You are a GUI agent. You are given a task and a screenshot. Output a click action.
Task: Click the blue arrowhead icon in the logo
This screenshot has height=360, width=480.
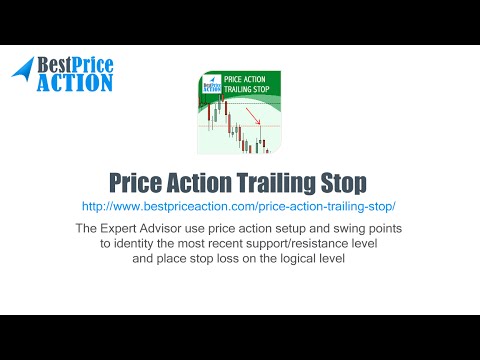pos(22,69)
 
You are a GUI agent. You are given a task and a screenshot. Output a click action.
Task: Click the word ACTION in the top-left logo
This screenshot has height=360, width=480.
pos(74,82)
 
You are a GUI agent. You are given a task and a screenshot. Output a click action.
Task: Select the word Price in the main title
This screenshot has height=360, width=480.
pos(140,183)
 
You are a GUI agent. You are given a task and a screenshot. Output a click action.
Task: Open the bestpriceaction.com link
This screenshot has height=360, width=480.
pos(239,206)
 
